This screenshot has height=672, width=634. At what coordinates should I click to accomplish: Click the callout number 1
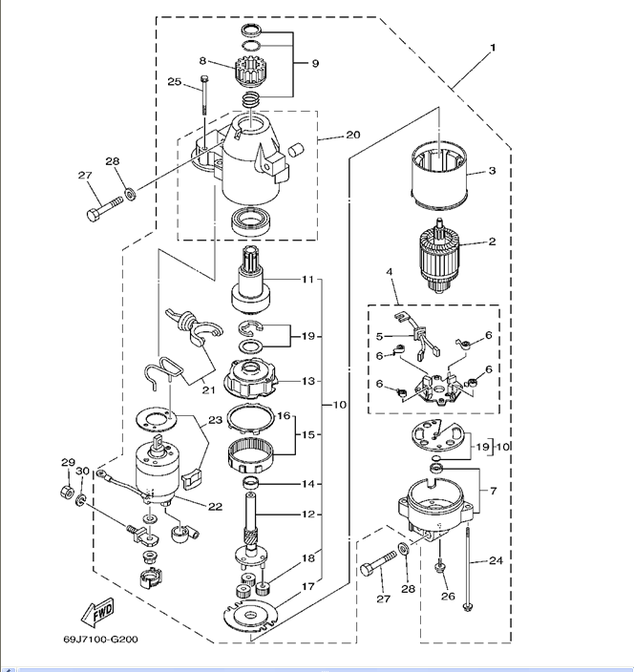coord(494,47)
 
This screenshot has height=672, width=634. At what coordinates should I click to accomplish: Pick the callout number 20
coord(352,135)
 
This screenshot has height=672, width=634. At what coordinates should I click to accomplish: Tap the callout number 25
coord(174,81)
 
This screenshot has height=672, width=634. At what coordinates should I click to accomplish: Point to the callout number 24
coord(496,560)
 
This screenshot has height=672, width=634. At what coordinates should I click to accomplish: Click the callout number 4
coord(390,273)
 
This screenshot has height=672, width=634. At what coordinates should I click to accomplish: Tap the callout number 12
coord(307,514)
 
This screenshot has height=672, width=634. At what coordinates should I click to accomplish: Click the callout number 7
coord(494,492)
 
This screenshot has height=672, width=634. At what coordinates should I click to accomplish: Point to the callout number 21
coord(207,390)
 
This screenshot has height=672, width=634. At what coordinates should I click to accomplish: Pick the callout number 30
coord(83,471)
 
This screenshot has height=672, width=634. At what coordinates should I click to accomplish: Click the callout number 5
coord(379,336)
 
